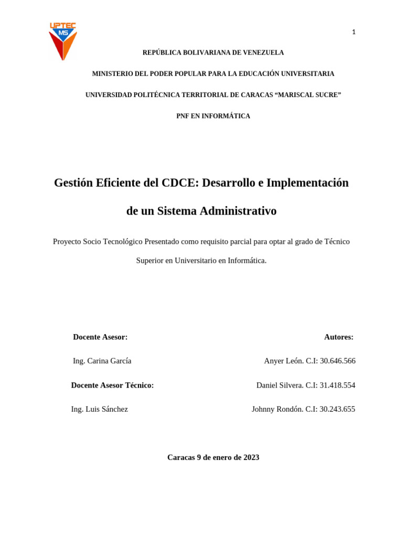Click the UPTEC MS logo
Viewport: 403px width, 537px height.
[63, 41]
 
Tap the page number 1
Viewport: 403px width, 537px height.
[354, 33]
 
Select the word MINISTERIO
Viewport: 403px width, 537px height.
[113, 74]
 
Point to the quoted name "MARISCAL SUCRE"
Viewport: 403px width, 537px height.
[308, 95]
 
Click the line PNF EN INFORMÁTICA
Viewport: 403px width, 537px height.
[213, 116]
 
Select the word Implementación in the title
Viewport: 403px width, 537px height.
[307, 183]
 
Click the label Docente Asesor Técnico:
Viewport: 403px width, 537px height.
[112, 385]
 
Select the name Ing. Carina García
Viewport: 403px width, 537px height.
[102, 361]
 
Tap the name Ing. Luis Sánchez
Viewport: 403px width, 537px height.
[100, 410]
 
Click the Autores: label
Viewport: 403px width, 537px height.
[338, 337]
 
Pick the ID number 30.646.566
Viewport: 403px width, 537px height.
[337, 361]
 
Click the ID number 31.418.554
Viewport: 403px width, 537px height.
[337, 385]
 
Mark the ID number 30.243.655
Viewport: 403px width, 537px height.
[337, 410]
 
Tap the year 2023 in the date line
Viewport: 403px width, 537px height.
[251, 458]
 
